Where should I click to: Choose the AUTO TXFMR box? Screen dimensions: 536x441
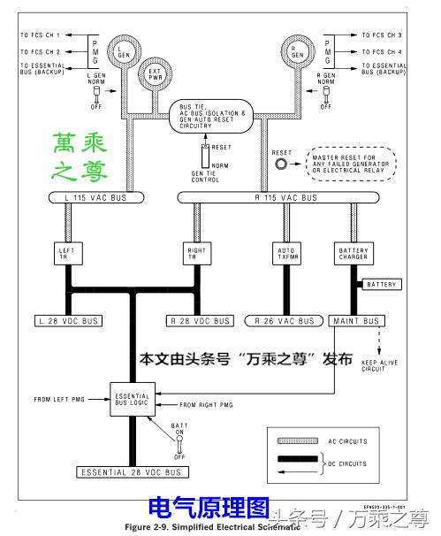point(284,253)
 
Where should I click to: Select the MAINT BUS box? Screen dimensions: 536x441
point(357,320)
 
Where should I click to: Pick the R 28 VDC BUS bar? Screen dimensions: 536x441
point(200,320)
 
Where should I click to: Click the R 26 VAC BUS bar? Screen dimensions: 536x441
point(284,320)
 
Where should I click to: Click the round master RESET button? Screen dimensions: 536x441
point(282,165)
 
